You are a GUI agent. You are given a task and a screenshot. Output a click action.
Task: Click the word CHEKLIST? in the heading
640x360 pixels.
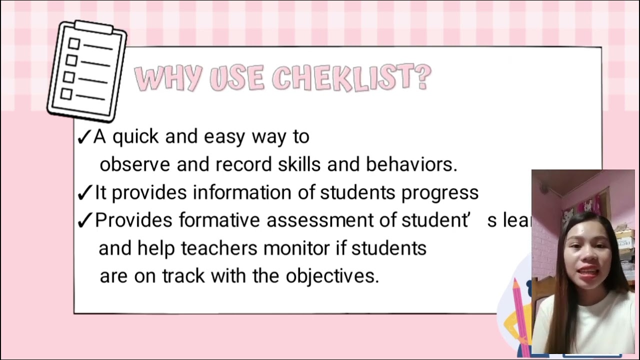click(x=351, y=78)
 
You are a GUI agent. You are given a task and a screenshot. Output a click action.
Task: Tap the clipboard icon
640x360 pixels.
click(x=87, y=70)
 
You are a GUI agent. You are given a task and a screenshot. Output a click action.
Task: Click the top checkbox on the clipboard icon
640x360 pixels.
click(x=74, y=44)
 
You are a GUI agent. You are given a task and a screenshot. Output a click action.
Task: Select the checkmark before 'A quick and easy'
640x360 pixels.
click(x=83, y=137)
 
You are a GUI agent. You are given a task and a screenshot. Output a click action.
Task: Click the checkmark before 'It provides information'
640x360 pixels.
click(x=85, y=193)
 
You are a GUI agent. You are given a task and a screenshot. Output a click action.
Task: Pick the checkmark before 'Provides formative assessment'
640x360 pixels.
click(x=85, y=220)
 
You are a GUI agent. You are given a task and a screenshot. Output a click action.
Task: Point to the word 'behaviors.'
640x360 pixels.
click(x=411, y=164)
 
